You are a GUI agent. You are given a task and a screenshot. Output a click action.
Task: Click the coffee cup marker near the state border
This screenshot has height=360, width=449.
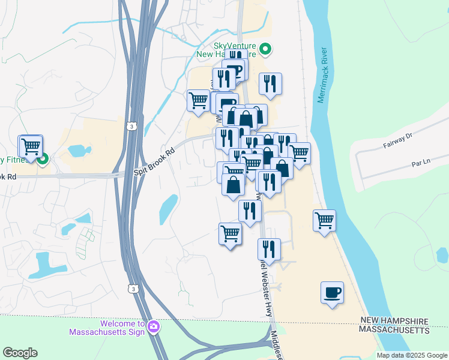point(332,292)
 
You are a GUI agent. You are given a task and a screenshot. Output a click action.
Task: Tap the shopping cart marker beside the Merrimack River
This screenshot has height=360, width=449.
point(324,220)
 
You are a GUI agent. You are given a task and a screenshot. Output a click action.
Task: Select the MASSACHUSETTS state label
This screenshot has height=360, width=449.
point(394,330)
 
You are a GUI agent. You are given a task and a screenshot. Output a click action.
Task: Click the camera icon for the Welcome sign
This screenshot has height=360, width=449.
point(154,326)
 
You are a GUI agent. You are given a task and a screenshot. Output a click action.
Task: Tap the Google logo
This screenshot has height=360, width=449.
point(20,353)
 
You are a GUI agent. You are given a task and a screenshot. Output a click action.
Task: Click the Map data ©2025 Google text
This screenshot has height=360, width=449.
point(411,355)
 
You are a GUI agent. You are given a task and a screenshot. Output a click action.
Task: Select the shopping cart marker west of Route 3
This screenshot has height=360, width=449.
point(30,146)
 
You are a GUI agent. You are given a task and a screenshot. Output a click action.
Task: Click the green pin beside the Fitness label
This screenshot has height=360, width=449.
point(43,160)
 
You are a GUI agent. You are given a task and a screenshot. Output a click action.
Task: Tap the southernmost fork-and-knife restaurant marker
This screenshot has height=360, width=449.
point(269,249)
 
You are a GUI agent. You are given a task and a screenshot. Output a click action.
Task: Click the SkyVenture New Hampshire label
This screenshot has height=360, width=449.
point(234,50)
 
